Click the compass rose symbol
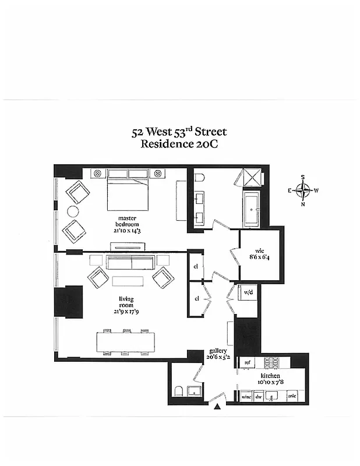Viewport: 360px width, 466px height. pos(303,190)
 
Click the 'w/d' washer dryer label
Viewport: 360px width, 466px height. pos(248,292)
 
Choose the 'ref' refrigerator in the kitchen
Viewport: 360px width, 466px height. pos(247,362)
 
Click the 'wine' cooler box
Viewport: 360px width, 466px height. pos(246,397)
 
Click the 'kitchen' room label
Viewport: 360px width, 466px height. pos(269,379)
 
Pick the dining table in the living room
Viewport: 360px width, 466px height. pos(126,342)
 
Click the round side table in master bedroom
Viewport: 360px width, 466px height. pos(73,211)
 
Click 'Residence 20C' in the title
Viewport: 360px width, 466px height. pos(179,145)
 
